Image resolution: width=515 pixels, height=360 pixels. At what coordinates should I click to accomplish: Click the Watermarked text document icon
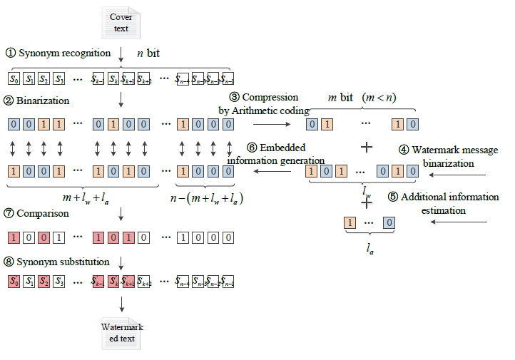click(121, 332)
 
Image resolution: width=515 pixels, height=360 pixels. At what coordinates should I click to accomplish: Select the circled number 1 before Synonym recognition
click(11, 53)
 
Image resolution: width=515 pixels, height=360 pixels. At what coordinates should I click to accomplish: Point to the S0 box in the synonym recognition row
click(14, 78)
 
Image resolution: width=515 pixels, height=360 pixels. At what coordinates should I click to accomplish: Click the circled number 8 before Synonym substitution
click(11, 262)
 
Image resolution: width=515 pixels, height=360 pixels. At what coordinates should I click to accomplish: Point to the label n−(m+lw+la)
click(206, 198)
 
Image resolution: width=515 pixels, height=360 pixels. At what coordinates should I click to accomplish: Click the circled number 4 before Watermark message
click(403, 150)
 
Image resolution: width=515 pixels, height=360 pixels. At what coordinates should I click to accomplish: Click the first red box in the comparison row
click(14, 237)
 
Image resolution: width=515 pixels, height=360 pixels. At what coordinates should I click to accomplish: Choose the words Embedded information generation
click(276, 153)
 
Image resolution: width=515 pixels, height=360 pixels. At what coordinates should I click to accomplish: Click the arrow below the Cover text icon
click(122, 53)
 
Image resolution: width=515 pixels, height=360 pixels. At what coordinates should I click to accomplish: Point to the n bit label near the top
click(148, 53)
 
